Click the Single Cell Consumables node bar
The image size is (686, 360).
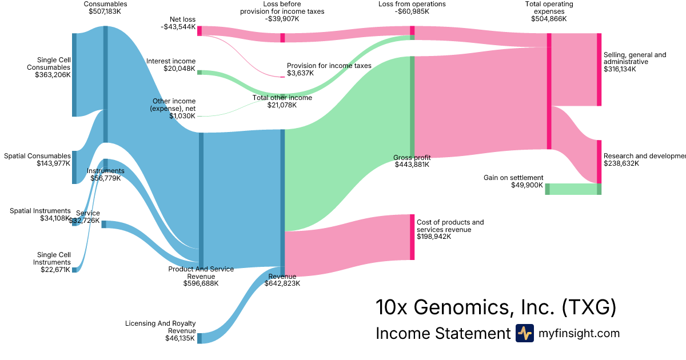click(74, 75)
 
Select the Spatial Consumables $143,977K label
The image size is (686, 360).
click(37, 159)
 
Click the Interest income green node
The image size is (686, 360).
click(200, 73)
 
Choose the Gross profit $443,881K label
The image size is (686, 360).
click(412, 161)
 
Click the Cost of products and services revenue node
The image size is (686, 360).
click(412, 237)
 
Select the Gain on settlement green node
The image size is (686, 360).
click(547, 189)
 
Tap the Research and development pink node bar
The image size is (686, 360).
click(599, 162)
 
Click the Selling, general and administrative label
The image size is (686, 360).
click(635, 58)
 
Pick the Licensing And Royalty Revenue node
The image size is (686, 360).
click(200, 338)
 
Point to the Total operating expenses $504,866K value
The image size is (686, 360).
click(548, 19)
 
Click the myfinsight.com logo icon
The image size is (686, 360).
click(524, 333)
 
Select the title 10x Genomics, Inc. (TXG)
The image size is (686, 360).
click(496, 307)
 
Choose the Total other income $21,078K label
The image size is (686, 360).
click(282, 101)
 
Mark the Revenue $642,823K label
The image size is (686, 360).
click(282, 280)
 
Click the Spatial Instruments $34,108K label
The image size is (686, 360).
click(40, 214)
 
